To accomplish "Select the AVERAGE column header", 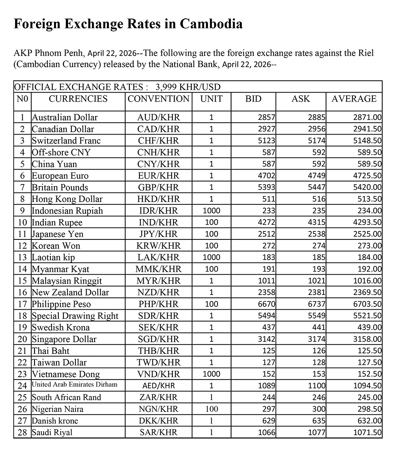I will click(354, 99).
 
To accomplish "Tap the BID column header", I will click(254, 99).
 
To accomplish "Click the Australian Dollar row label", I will click(65, 118).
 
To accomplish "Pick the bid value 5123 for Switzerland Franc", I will click(267, 141).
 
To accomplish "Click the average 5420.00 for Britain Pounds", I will click(367, 187).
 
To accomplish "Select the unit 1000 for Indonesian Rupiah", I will click(211, 211).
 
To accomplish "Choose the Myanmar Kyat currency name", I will click(61, 269).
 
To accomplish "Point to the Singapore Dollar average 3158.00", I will click(367, 339).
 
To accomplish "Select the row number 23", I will click(22, 374).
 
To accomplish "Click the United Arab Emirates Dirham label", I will click(74, 385).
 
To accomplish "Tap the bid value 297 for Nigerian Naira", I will click(269, 409).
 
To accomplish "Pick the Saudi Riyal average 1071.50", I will click(367, 433).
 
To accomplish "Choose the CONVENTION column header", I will click(158, 99).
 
